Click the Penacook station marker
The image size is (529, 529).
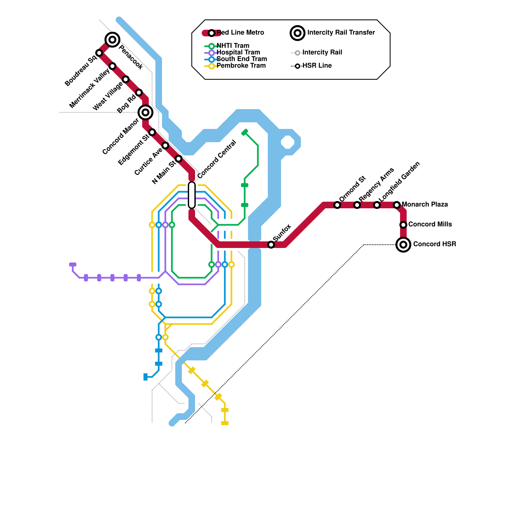coord(112,40)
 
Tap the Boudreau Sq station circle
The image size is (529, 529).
coord(99,53)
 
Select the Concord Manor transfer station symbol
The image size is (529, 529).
coord(145,112)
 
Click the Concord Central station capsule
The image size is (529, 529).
coord(192,195)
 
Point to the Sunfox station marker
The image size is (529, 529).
coord(271,245)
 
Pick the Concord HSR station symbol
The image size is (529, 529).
coord(403,245)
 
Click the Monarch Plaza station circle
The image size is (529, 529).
coord(397,205)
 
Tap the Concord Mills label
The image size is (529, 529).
coord(430,224)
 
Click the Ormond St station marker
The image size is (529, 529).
coord(337,205)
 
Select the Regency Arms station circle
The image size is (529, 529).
coord(357,205)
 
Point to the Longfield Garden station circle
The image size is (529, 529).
coord(377,205)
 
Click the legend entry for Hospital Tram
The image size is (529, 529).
coord(238,52)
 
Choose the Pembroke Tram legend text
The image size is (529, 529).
coord(241,65)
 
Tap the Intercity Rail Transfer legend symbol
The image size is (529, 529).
coord(298,33)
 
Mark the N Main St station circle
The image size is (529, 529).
coord(179,159)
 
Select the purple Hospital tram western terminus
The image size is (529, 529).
coord(73,264)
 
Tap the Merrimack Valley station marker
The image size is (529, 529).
coord(112,66)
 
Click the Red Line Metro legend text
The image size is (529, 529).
coord(240,32)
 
